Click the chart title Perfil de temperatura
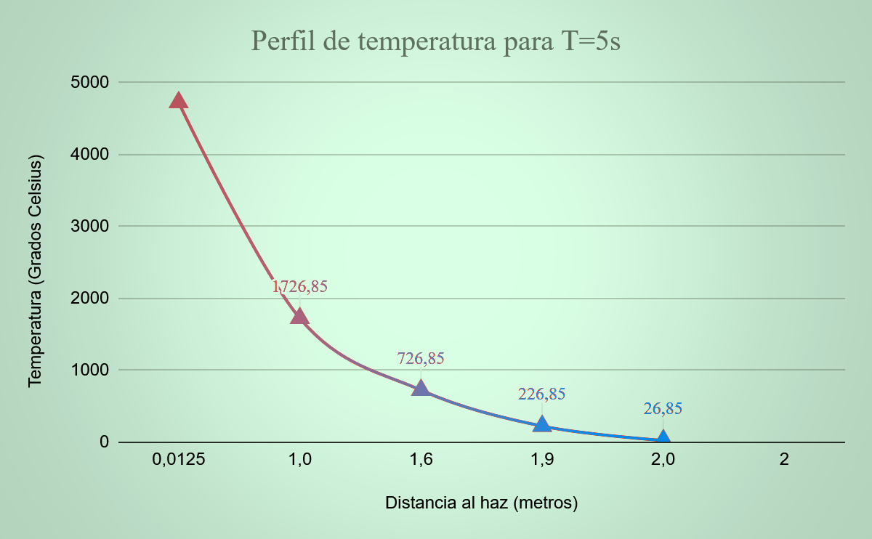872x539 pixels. tap(435, 41)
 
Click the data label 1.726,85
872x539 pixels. tap(299, 286)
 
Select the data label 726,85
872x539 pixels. tap(421, 358)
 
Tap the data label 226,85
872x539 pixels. tap(541, 394)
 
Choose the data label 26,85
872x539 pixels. tap(663, 408)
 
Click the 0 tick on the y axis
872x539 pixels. tap(104, 442)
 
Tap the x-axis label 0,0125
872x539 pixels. tap(179, 460)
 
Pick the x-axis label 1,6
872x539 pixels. tap(421, 460)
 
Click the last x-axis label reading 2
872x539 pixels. tap(784, 460)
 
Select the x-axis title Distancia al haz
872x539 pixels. tap(481, 503)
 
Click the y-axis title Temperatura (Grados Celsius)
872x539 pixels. tap(35, 270)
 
